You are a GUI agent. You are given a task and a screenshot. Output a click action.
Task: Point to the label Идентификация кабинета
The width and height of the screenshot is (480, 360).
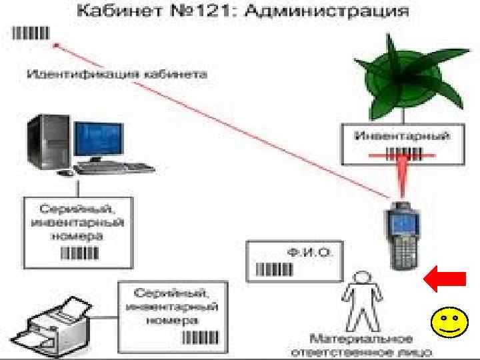coord(117,73)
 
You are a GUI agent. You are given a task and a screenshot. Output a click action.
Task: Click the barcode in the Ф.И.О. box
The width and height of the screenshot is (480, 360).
coord(274,269)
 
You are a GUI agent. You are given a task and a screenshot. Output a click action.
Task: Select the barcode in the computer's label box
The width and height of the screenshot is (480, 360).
coord(81,252)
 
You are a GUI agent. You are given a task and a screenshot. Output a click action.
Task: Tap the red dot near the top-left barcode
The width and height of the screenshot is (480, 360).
coord(57,46)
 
